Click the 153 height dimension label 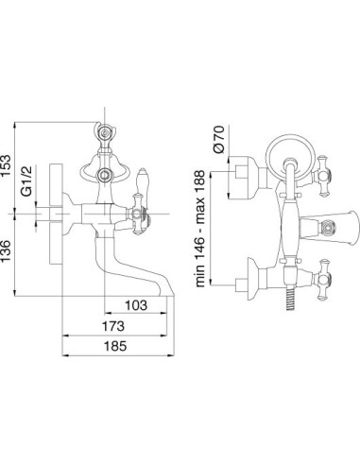[6, 165]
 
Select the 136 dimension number [6, 250]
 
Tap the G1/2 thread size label [27, 181]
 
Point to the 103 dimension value [136, 305]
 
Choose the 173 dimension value [113, 326]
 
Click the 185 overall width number [115, 346]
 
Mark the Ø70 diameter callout [219, 139]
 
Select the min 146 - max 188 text [200, 229]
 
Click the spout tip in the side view [166, 293]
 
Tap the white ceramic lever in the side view [142, 181]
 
